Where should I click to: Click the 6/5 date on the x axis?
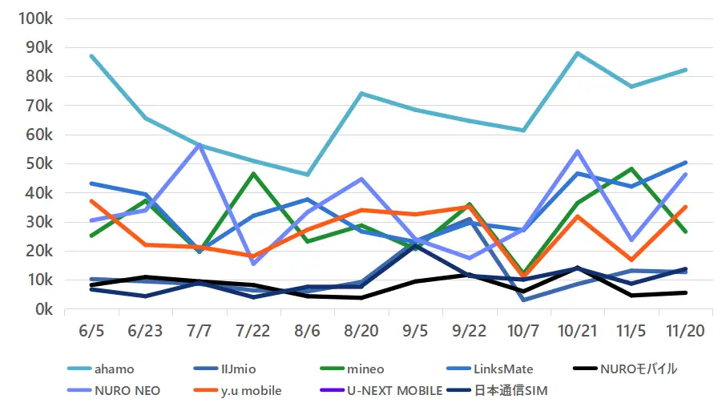(x=92, y=330)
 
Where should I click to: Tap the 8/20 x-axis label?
(x=361, y=330)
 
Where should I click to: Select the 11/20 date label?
(x=685, y=330)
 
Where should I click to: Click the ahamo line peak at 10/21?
(x=577, y=53)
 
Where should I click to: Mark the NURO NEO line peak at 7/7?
(x=200, y=145)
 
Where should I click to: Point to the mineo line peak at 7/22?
(x=253, y=173)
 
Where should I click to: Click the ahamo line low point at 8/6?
(x=308, y=175)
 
